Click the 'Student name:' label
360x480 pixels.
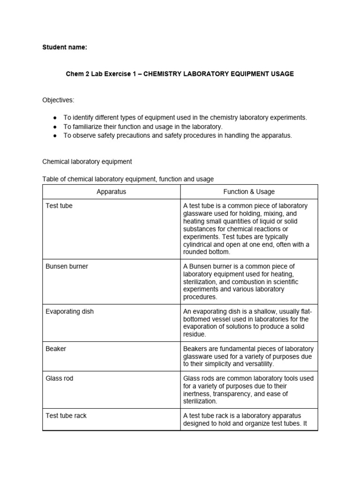coord(65,47)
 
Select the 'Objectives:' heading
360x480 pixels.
coord(58,100)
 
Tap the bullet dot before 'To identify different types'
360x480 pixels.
coord(55,118)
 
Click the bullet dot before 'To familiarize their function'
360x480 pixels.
coord(55,127)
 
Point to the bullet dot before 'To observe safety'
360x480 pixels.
coord(55,135)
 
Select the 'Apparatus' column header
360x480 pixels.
coord(111,192)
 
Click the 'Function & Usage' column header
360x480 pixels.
coord(249,192)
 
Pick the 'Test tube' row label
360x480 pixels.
coord(59,206)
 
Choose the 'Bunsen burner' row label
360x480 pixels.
coord(67,266)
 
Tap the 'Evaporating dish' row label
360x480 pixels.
coord(69,312)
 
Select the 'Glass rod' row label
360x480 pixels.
coord(59,378)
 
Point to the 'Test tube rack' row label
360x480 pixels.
coord(66,416)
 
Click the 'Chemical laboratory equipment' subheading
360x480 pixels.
coord(87,162)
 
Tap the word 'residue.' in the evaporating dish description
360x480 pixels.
coord(195,335)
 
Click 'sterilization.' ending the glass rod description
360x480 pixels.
coord(200,401)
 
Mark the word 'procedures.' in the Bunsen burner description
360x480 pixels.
coord(200,297)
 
